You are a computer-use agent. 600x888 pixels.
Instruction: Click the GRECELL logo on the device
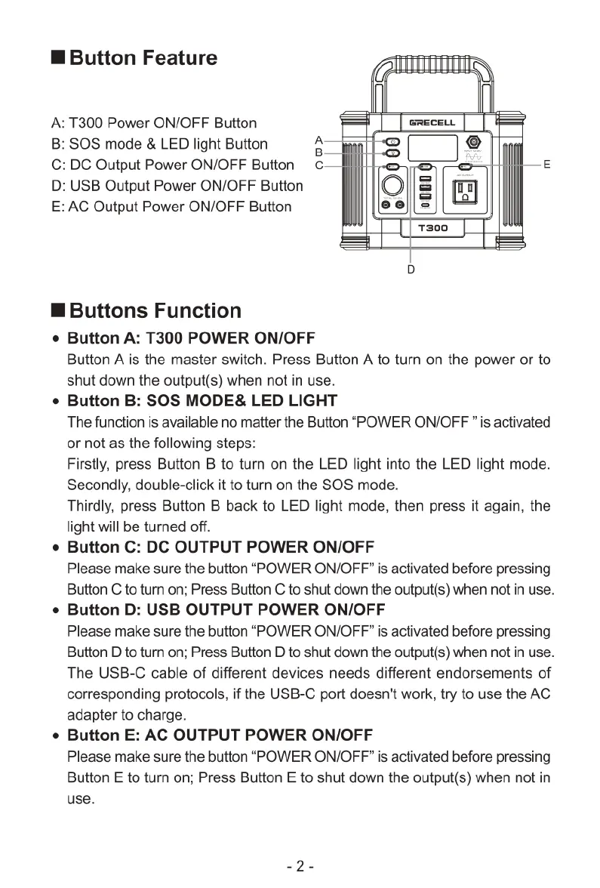pyautogui.click(x=432, y=122)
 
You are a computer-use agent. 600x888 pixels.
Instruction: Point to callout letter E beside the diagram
pyautogui.click(x=547, y=164)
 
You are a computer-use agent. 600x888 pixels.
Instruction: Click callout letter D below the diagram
pyautogui.click(x=411, y=268)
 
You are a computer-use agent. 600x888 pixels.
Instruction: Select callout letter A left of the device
pyautogui.click(x=318, y=140)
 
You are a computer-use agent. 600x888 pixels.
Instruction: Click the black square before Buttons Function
pyautogui.click(x=59, y=311)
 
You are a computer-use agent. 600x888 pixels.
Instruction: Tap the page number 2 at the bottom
pyautogui.click(x=300, y=866)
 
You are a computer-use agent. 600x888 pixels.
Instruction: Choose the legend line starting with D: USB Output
pyautogui.click(x=177, y=186)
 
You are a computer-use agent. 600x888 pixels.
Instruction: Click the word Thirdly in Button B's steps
pyautogui.click(x=90, y=505)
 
